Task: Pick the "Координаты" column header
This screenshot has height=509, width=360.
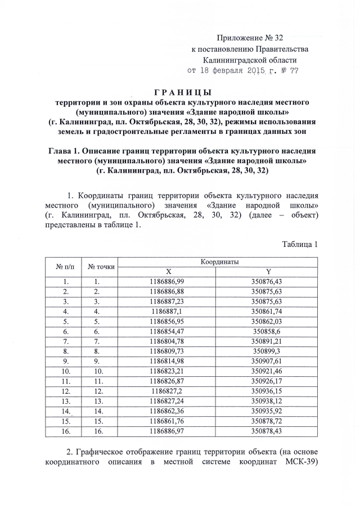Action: pos(219,262)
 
